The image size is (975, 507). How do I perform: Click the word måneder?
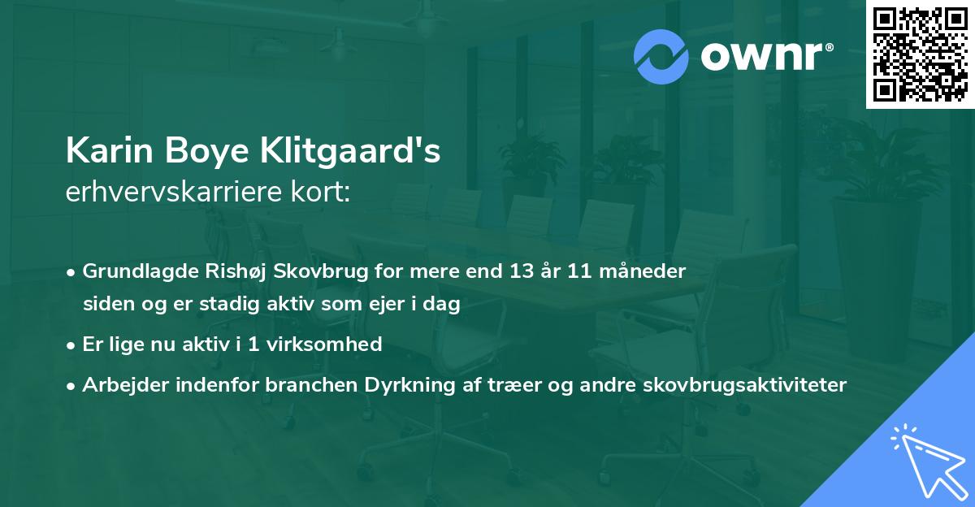(646, 271)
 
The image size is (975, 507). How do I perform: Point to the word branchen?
(301, 385)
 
